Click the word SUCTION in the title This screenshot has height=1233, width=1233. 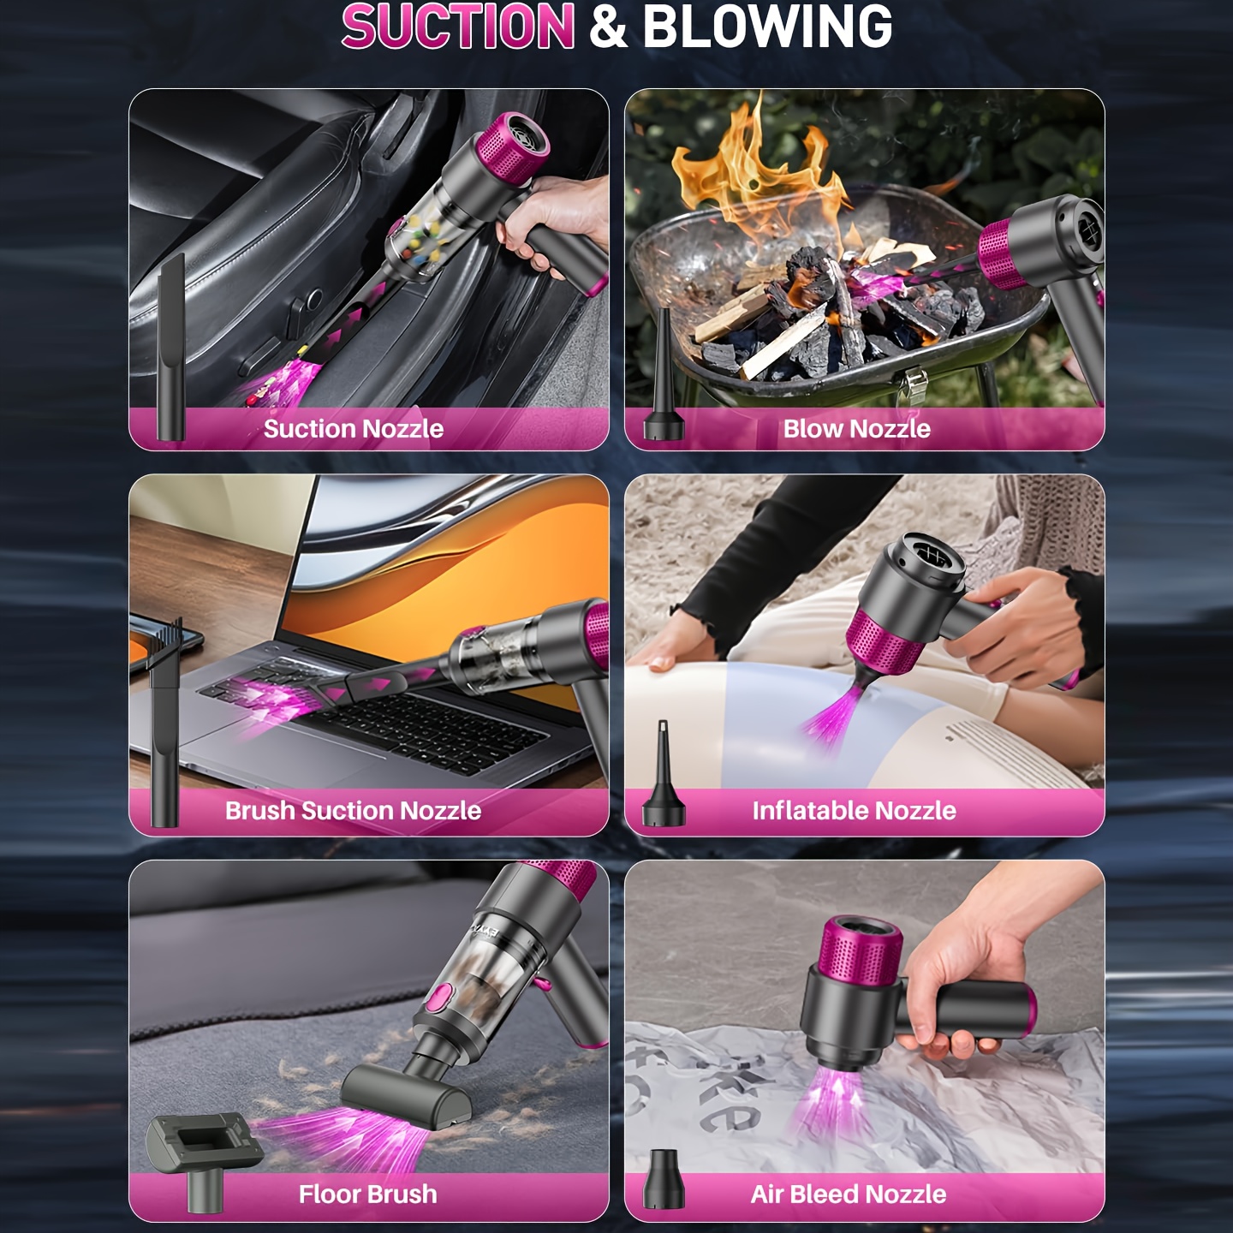coord(458,26)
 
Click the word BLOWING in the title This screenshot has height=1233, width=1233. coord(767,26)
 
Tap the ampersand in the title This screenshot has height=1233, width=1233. coord(609,27)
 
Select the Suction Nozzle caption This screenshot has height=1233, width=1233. coord(353,429)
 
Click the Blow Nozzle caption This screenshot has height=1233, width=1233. coord(857,429)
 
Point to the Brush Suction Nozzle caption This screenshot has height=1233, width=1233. coord(353,811)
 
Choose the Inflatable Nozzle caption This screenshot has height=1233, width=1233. coord(855,811)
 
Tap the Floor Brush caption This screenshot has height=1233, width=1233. coord(368,1194)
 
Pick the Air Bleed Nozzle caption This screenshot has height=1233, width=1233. coord(849,1194)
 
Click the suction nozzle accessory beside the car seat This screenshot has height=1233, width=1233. coord(171,348)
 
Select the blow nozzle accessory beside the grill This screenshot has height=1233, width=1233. coord(664,378)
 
